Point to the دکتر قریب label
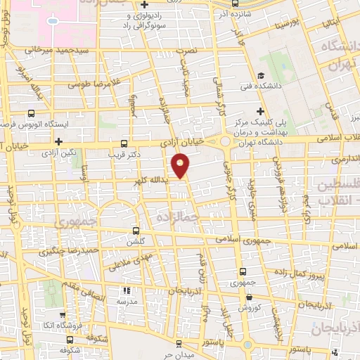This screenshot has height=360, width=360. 124,153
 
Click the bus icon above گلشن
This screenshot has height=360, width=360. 136,229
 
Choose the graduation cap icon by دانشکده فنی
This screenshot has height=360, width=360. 261,76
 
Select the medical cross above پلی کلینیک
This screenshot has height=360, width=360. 261,110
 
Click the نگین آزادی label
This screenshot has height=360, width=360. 57,152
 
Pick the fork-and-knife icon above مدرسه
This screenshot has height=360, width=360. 127,289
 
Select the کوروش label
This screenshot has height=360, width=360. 247,308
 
